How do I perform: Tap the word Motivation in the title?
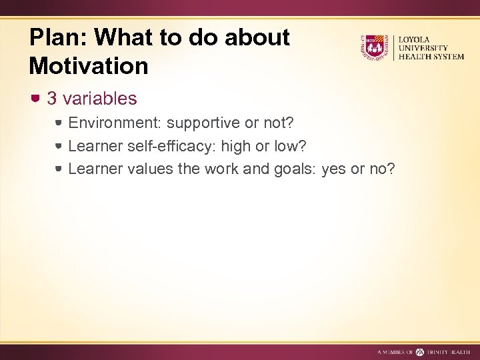point(89,66)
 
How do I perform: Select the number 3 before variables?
point(52,99)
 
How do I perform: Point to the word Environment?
point(115,123)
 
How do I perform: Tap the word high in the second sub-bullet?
point(239,146)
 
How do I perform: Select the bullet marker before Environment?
point(59,123)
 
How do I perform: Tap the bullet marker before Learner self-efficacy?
point(59,146)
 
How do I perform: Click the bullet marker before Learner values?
point(59,169)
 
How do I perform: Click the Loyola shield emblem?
point(374,47)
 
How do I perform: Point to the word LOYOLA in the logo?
point(415,40)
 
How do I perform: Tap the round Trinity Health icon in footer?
point(420,351)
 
